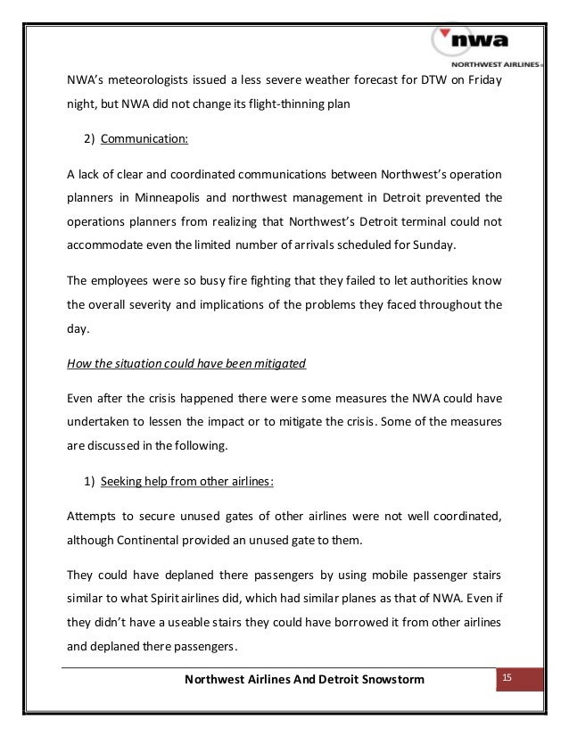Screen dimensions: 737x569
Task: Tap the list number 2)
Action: pos(90,139)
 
